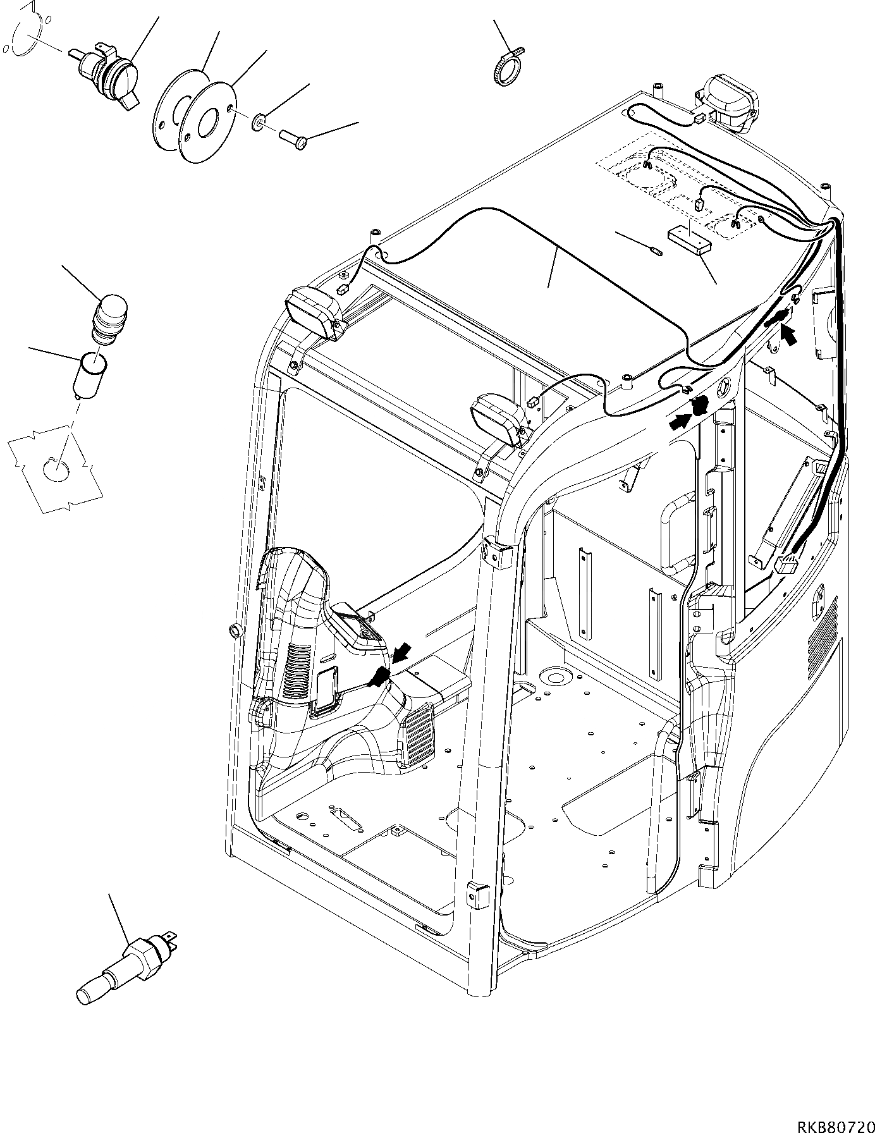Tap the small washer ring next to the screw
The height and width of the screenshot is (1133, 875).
point(259,121)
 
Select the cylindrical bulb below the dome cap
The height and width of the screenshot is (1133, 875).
point(93,376)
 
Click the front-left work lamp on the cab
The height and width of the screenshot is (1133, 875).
point(314,314)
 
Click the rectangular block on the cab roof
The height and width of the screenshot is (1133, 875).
point(689,242)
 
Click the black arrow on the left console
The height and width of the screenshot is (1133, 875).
point(400,653)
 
